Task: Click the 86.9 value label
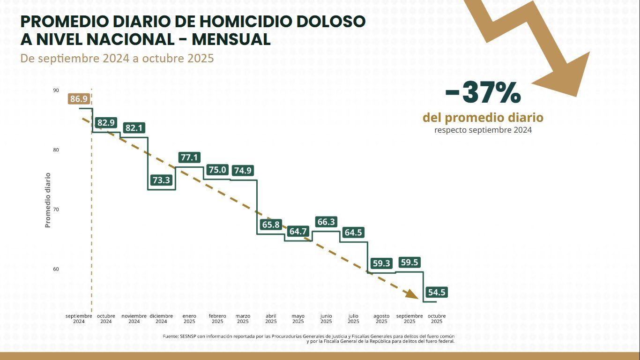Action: tap(78, 99)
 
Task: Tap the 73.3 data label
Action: tap(162, 180)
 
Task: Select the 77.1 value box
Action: tap(189, 157)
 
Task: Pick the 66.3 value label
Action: tap(326, 222)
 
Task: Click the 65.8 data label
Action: tap(271, 225)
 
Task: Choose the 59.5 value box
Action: tap(409, 262)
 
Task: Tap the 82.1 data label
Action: tap(134, 127)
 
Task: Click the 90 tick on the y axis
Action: tap(56, 90)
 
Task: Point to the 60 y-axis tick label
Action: tap(56, 269)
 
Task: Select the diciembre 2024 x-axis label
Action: tap(161, 319)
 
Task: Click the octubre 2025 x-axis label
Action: tap(437, 319)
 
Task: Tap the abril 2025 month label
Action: tap(271, 319)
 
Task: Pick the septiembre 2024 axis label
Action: tap(79, 319)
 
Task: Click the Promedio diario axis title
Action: tap(48, 200)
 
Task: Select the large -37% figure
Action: tap(483, 93)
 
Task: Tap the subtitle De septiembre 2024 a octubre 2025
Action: tap(117, 59)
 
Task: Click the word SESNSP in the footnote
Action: tap(188, 337)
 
